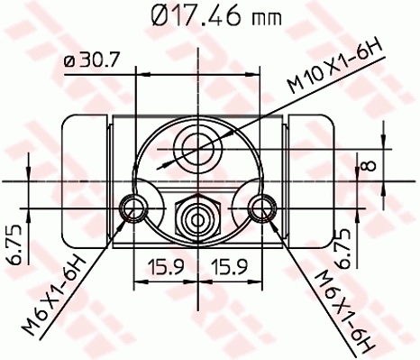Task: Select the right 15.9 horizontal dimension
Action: pos(230,268)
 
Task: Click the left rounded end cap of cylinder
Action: pos(81,180)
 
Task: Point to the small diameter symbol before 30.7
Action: pos(69,60)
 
